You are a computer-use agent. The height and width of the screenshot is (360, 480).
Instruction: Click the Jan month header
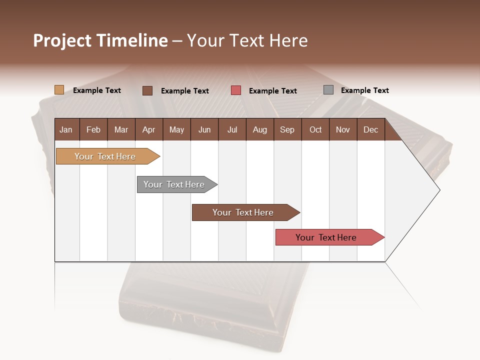point(66,130)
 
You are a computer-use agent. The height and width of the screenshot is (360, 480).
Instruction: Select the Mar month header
point(121,130)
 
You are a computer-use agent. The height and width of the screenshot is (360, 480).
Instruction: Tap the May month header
point(176,130)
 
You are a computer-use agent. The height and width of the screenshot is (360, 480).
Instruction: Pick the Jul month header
point(232,130)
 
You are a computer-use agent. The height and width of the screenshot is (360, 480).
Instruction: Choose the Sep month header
point(287,130)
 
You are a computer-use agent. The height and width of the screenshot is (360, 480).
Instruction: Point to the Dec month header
point(370,130)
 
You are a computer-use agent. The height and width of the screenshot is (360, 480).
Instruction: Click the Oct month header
point(315,130)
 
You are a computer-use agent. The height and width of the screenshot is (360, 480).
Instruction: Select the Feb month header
point(93,130)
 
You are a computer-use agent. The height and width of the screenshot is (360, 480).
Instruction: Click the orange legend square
point(59,90)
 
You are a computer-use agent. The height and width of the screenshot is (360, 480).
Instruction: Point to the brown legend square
point(147,90)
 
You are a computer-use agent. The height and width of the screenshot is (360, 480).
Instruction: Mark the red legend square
point(236,90)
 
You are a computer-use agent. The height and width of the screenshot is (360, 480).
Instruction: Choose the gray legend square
point(328,90)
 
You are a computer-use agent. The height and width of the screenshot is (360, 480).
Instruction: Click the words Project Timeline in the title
point(100,40)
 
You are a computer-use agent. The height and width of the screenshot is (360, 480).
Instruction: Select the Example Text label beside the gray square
point(364,90)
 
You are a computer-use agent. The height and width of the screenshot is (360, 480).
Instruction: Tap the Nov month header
point(343,130)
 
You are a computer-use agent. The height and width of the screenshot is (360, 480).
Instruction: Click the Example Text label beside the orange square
point(97,90)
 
